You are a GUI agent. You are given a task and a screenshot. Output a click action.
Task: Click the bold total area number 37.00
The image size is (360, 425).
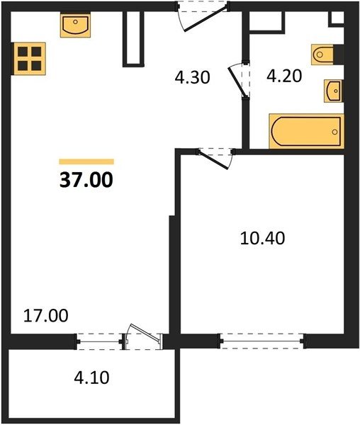coord(86,180)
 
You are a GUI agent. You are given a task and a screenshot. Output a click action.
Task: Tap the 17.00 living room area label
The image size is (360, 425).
coord(46,316)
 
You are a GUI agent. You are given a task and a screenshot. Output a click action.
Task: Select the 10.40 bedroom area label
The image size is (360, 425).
coord(262,238)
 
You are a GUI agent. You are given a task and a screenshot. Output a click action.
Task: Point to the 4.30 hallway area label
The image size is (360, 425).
coord(192,77)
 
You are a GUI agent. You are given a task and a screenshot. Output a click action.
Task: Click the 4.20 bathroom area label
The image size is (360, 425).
coord(284,76)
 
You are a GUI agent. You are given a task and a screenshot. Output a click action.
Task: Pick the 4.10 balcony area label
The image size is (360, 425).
coord(91,378)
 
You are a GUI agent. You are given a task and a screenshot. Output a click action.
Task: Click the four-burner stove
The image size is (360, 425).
coord(29,59)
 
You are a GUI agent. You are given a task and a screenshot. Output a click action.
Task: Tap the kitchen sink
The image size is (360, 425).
coord(75,25)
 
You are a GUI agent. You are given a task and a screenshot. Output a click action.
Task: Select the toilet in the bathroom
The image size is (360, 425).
coord(322,55)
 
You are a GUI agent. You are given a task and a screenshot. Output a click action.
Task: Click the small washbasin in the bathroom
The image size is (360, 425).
coord(334,91)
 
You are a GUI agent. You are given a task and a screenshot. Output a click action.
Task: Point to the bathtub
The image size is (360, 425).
coord(306,132)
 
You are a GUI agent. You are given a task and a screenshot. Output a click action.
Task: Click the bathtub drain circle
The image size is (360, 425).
coord(334,132)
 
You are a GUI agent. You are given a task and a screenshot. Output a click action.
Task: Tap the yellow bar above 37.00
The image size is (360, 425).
coord(86,161)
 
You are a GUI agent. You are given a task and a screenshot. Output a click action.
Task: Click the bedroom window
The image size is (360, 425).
coord(262,341)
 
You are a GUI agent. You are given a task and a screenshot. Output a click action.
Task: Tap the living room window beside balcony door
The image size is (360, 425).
coord(99,341)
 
